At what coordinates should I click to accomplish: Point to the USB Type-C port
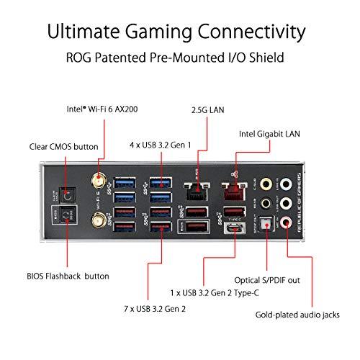(233, 232)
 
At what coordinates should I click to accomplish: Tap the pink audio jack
(289, 220)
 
